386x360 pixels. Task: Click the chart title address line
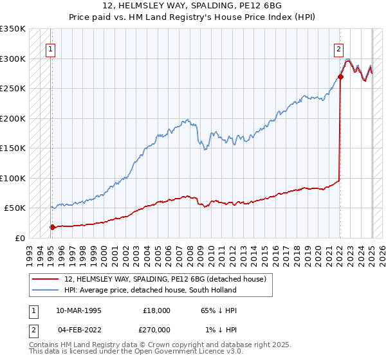point(192,6)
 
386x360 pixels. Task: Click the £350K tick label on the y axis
point(13,29)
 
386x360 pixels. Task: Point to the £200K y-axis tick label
point(13,118)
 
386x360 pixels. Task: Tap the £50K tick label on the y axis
point(15,208)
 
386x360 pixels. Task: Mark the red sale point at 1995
point(52,227)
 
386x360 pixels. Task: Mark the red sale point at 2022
point(340,77)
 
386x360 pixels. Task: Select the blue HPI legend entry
point(151,290)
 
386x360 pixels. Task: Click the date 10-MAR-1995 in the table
point(79,310)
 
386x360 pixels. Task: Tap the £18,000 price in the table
point(156,310)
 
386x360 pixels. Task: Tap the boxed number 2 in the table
point(33,329)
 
